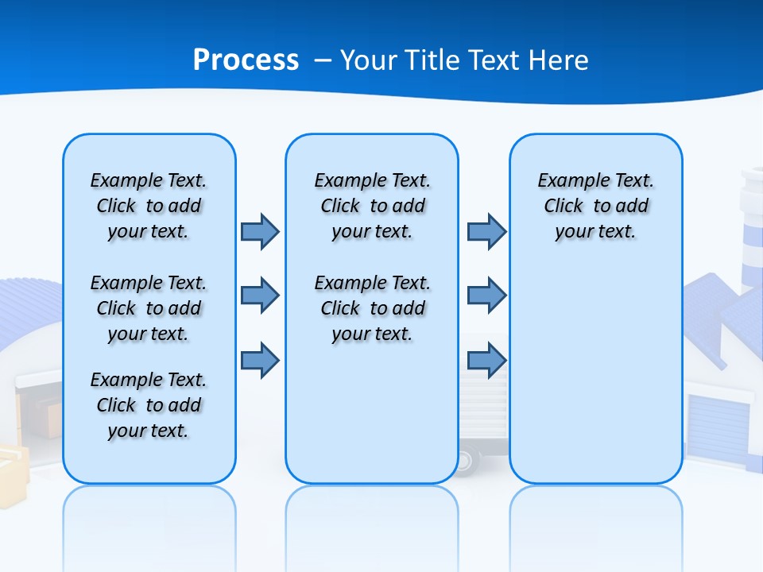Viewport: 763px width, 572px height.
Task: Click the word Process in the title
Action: click(246, 60)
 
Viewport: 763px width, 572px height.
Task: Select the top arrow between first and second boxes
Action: click(260, 232)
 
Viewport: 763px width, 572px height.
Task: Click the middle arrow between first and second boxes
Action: click(260, 296)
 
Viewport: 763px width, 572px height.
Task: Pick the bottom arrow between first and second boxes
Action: click(260, 361)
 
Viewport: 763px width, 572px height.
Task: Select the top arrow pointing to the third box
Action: click(486, 232)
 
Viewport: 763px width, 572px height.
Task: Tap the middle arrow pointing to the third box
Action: click(486, 296)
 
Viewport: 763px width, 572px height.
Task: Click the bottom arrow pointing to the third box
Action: click(486, 361)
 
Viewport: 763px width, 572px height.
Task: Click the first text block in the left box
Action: click(149, 206)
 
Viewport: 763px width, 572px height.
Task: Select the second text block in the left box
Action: click(149, 308)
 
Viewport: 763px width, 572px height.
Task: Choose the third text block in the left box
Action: click(149, 405)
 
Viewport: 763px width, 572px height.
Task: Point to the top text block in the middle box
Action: click(372, 206)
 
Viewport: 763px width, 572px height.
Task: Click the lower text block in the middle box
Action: click(372, 308)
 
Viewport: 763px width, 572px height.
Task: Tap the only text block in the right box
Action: click(595, 206)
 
